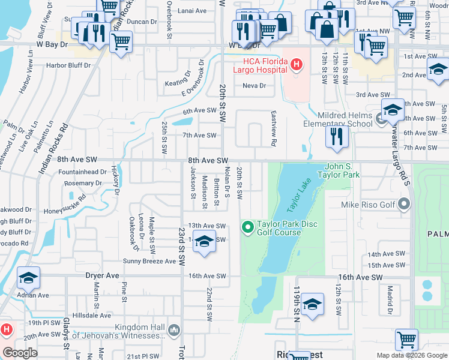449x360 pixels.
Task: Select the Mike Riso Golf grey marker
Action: [404, 205]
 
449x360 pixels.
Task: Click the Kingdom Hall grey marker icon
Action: [174, 329]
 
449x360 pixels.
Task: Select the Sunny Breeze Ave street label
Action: [149, 261]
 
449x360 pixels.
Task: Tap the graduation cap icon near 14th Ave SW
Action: [205, 241]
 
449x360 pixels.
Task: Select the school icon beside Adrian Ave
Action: [28, 277]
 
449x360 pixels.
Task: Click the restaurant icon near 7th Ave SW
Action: [337, 136]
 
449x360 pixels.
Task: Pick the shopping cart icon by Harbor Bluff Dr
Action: [121, 41]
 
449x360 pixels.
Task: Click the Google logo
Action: [20, 353]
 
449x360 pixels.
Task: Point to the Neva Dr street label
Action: [254, 86]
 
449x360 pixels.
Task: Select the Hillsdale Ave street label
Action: [91, 315]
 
